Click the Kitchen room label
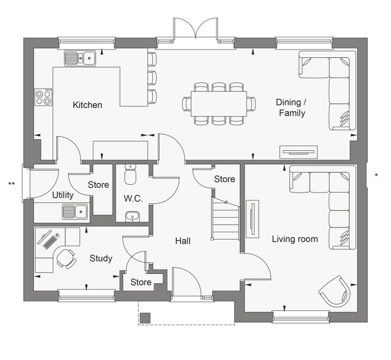pyautogui.click(x=87, y=105)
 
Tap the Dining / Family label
pyautogui.click(x=291, y=108)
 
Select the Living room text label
pyautogui.click(x=295, y=239)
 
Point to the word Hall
pyautogui.click(x=183, y=241)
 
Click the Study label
pyautogui.click(x=101, y=258)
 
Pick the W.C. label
pyautogui.click(x=133, y=199)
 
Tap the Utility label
pyautogui.click(x=63, y=195)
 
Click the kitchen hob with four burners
pyautogui.click(x=43, y=97)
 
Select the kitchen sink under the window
pyautogui.click(x=80, y=58)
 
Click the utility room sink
pyautogui.click(x=75, y=211)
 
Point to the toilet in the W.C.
pyautogui.click(x=130, y=174)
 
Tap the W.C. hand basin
pyautogui.click(x=132, y=217)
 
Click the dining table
pyautogui.click(x=218, y=104)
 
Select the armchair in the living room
pyautogui.click(x=335, y=292)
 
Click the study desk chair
pyautogui.click(x=66, y=259)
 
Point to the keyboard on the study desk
pyautogui.click(x=50, y=242)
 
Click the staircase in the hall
pyautogui.click(x=225, y=219)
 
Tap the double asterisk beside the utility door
pyautogui.click(x=11, y=184)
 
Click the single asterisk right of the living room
pyautogui.click(x=376, y=175)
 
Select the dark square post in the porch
pyautogui.click(x=145, y=318)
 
